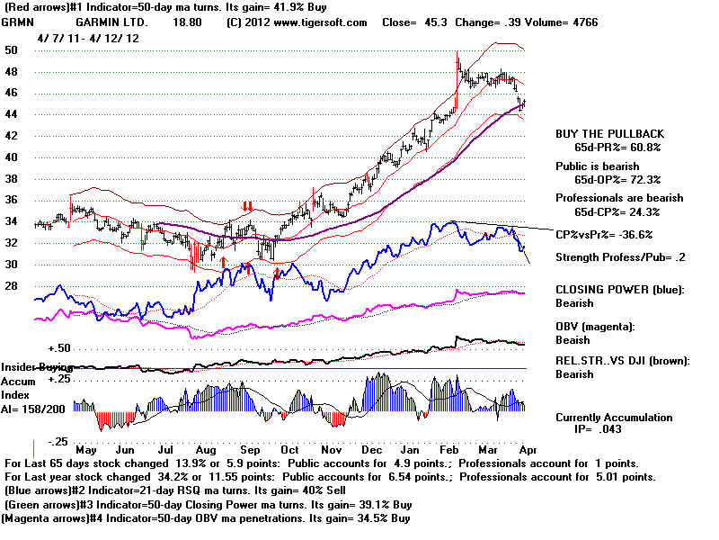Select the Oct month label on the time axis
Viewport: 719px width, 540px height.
pos(290,449)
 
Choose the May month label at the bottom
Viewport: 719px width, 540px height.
pos(87,449)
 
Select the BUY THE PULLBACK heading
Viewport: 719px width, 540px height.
pos(608,133)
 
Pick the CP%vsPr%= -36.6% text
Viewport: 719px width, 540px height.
pos(604,234)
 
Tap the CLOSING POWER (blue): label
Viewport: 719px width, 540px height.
pos(619,289)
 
